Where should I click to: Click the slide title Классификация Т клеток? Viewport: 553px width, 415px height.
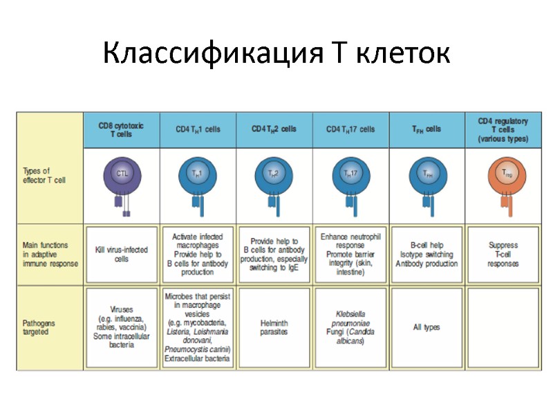tap(276, 53)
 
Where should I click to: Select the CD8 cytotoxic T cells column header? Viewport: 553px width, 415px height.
tap(121, 129)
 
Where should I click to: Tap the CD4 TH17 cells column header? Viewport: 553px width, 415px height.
tap(351, 129)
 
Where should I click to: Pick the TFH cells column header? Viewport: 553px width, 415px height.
tap(426, 129)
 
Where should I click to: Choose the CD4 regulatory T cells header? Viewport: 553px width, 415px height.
tap(503, 129)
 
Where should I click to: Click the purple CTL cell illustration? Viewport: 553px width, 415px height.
tap(122, 173)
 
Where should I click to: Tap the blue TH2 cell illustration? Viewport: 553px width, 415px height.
tap(274, 173)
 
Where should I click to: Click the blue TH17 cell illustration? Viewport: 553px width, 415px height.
tap(351, 173)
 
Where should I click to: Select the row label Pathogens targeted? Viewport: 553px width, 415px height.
tap(41, 327)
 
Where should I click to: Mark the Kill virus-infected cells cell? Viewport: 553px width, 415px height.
tap(122, 254)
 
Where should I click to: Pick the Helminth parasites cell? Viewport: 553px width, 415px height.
tap(274, 327)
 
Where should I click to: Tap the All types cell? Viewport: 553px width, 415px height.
tap(426, 327)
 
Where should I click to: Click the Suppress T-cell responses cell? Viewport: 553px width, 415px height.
tap(503, 254)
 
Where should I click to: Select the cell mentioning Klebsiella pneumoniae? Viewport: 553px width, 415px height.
tap(351, 327)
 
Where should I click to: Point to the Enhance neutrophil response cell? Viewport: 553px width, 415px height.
tap(351, 254)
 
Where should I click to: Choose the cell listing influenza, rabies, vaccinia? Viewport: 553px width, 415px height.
tap(122, 327)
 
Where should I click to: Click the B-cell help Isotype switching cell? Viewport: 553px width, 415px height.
tap(426, 254)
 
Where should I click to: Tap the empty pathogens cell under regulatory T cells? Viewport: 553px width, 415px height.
tap(503, 327)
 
